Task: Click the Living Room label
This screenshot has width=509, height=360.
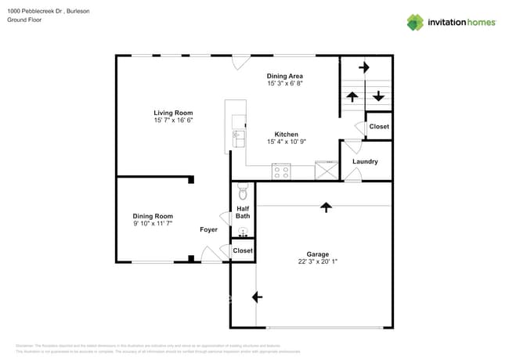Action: click(x=173, y=113)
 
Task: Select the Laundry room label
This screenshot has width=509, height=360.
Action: click(x=365, y=162)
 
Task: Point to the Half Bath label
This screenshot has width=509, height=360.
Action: click(x=243, y=212)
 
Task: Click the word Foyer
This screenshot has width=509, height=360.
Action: click(x=208, y=229)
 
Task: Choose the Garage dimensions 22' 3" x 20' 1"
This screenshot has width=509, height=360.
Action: click(x=317, y=261)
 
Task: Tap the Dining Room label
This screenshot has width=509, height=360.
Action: click(x=152, y=216)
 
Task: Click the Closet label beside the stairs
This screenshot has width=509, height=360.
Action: click(x=379, y=127)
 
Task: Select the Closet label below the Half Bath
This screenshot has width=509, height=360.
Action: click(x=243, y=250)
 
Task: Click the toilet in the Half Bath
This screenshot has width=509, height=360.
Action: click(x=243, y=192)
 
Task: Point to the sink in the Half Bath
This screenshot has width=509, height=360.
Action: click(x=243, y=231)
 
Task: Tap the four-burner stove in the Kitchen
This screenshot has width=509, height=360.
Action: click(x=280, y=171)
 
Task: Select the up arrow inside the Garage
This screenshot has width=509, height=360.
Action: click(x=326, y=207)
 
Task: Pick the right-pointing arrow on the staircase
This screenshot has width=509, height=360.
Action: click(x=363, y=68)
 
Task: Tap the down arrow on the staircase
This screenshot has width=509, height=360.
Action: click(x=378, y=96)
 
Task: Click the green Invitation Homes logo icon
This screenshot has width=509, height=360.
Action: click(x=415, y=22)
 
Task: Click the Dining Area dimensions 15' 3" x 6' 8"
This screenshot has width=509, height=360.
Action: click(x=285, y=83)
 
